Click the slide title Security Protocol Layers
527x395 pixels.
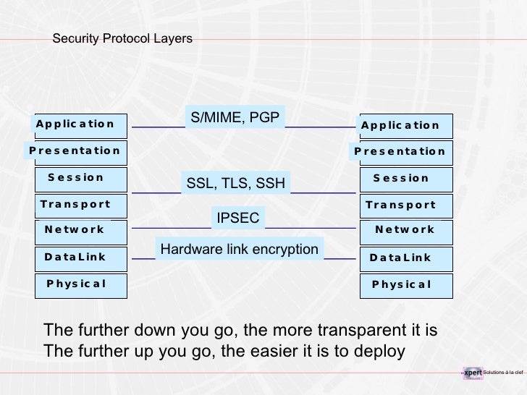pyautogui.click(x=122, y=38)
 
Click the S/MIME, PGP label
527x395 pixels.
pyautogui.click(x=235, y=117)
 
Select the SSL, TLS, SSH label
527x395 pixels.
pyautogui.click(x=235, y=184)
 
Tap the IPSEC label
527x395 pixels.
pyautogui.click(x=238, y=217)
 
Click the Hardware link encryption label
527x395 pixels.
pyautogui.click(x=239, y=250)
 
